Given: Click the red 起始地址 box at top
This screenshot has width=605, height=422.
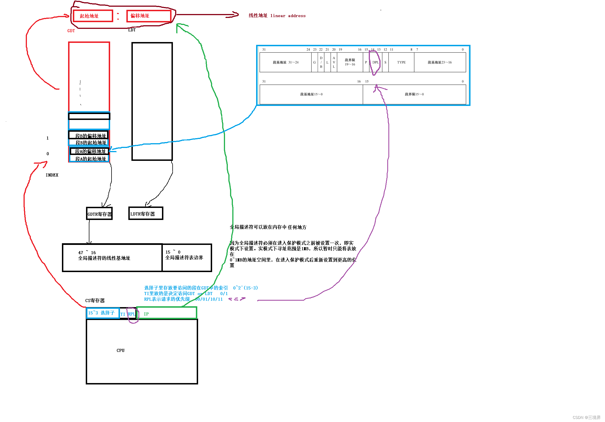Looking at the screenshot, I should tap(93, 16).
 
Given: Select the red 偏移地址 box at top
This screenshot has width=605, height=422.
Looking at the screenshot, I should tap(149, 16).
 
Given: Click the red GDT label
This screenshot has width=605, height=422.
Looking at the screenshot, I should tap(71, 31).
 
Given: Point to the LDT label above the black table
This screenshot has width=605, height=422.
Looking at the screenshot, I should tap(132, 30).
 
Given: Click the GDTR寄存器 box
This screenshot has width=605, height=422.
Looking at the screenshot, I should tap(99, 214).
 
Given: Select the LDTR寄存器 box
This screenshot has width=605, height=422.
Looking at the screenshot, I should tap(145, 214).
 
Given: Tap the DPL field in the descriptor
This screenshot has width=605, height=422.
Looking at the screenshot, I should tap(375, 62).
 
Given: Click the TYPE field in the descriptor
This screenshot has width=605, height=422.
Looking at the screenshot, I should tap(401, 62).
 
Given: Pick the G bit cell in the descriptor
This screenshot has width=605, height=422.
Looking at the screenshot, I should tap(314, 62).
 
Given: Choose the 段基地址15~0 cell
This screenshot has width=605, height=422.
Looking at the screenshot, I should tap(311, 94).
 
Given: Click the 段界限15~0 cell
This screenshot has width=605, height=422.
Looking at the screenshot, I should tap(414, 94).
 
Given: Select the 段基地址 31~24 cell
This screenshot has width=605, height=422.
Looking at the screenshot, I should tap(285, 62).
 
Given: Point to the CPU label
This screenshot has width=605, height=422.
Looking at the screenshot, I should tap(120, 351).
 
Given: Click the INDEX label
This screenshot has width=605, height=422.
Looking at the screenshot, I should tap(52, 175).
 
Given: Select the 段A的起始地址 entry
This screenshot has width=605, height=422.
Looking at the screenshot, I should tap(90, 159).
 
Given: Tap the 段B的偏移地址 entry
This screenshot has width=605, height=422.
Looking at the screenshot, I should tap(90, 136).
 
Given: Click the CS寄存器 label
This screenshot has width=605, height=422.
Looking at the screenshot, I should tap(95, 301).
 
